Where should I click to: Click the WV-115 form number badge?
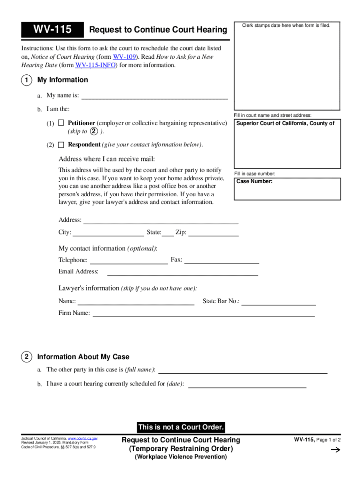click(x=52, y=30)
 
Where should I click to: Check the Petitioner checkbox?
click(x=61, y=123)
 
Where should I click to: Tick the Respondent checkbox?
click(x=61, y=145)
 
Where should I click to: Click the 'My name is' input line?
click(x=155, y=96)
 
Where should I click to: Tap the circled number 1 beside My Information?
click(x=26, y=80)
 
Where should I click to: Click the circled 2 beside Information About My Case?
click(x=26, y=357)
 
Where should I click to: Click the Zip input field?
click(x=213, y=233)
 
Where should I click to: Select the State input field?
click(x=168, y=233)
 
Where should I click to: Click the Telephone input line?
click(x=129, y=260)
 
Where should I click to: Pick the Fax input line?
click(x=221, y=260)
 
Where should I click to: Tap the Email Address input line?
click(x=183, y=272)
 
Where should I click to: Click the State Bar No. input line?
click(x=278, y=301)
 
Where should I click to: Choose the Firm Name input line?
click(x=203, y=313)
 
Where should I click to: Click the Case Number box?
click(x=287, y=189)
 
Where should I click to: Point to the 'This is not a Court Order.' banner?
click(x=181, y=427)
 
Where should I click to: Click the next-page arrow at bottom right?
click(x=335, y=450)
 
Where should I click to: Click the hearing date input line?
click(x=247, y=384)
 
